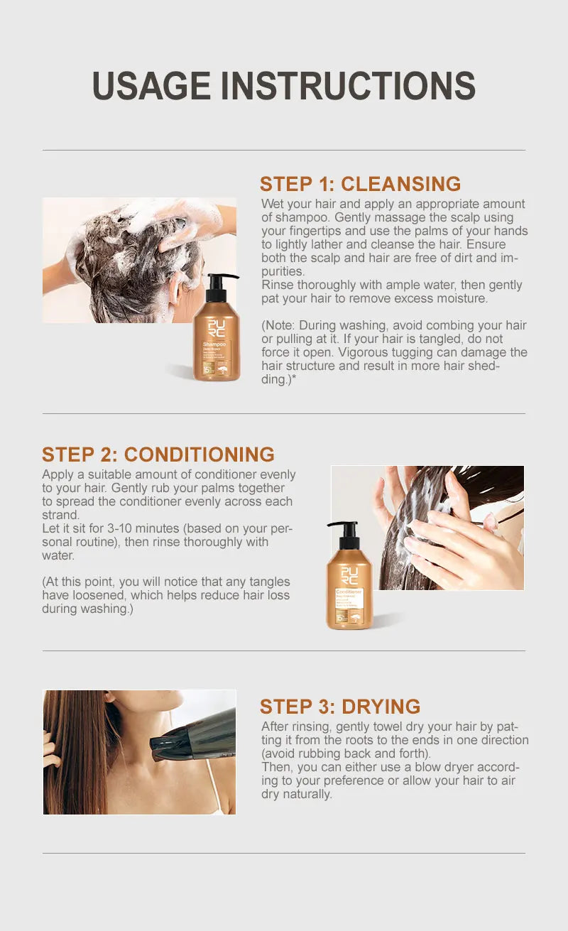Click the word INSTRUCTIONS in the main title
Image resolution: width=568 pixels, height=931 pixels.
click(348, 86)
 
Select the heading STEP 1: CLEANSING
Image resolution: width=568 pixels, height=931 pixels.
click(360, 184)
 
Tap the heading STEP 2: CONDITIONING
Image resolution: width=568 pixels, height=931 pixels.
click(158, 454)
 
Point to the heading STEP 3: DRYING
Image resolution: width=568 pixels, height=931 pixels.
click(339, 707)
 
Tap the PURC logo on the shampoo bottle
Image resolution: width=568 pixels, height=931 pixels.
click(216, 329)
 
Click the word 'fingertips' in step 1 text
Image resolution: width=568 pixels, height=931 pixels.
click(317, 231)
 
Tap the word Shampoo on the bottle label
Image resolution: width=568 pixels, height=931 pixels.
click(214, 344)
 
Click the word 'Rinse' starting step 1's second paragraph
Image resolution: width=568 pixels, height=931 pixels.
click(278, 285)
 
